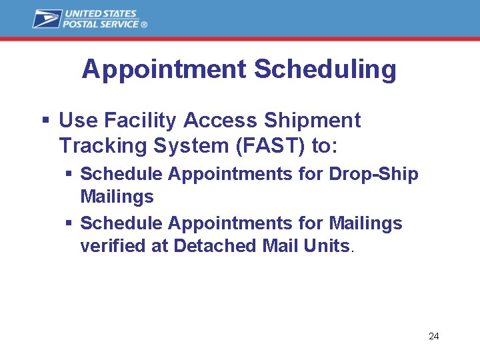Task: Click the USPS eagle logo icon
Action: pyautogui.click(x=47, y=19)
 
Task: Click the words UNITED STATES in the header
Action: pyautogui.click(x=101, y=13)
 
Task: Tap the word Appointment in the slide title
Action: pyautogui.click(x=165, y=69)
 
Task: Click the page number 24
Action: pyautogui.click(x=433, y=336)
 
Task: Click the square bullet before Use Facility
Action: pyautogui.click(x=46, y=121)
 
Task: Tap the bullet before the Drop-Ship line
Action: pyautogui.click(x=69, y=174)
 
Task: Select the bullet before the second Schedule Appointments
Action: pyautogui.click(x=69, y=223)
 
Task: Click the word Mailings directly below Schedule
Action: pyautogui.click(x=117, y=197)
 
